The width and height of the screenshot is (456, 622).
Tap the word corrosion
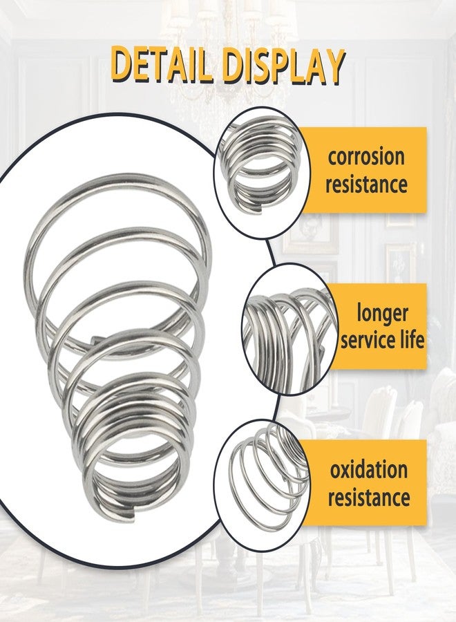pos(366,157)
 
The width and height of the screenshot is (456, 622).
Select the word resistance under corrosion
pos(366,184)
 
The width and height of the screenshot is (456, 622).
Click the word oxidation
pos(369,470)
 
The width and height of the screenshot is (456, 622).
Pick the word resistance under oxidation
pos(369,497)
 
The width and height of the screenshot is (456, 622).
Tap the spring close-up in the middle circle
pos(289,337)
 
